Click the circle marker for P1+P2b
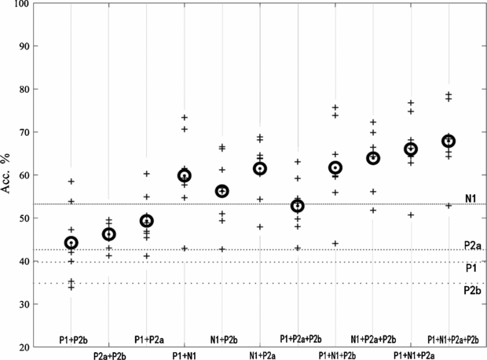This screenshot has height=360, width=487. click(x=71, y=243)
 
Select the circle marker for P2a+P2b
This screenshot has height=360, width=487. click(x=109, y=234)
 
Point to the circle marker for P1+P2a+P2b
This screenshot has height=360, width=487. click(x=298, y=206)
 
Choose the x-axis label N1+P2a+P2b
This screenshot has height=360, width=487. click(x=373, y=354)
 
